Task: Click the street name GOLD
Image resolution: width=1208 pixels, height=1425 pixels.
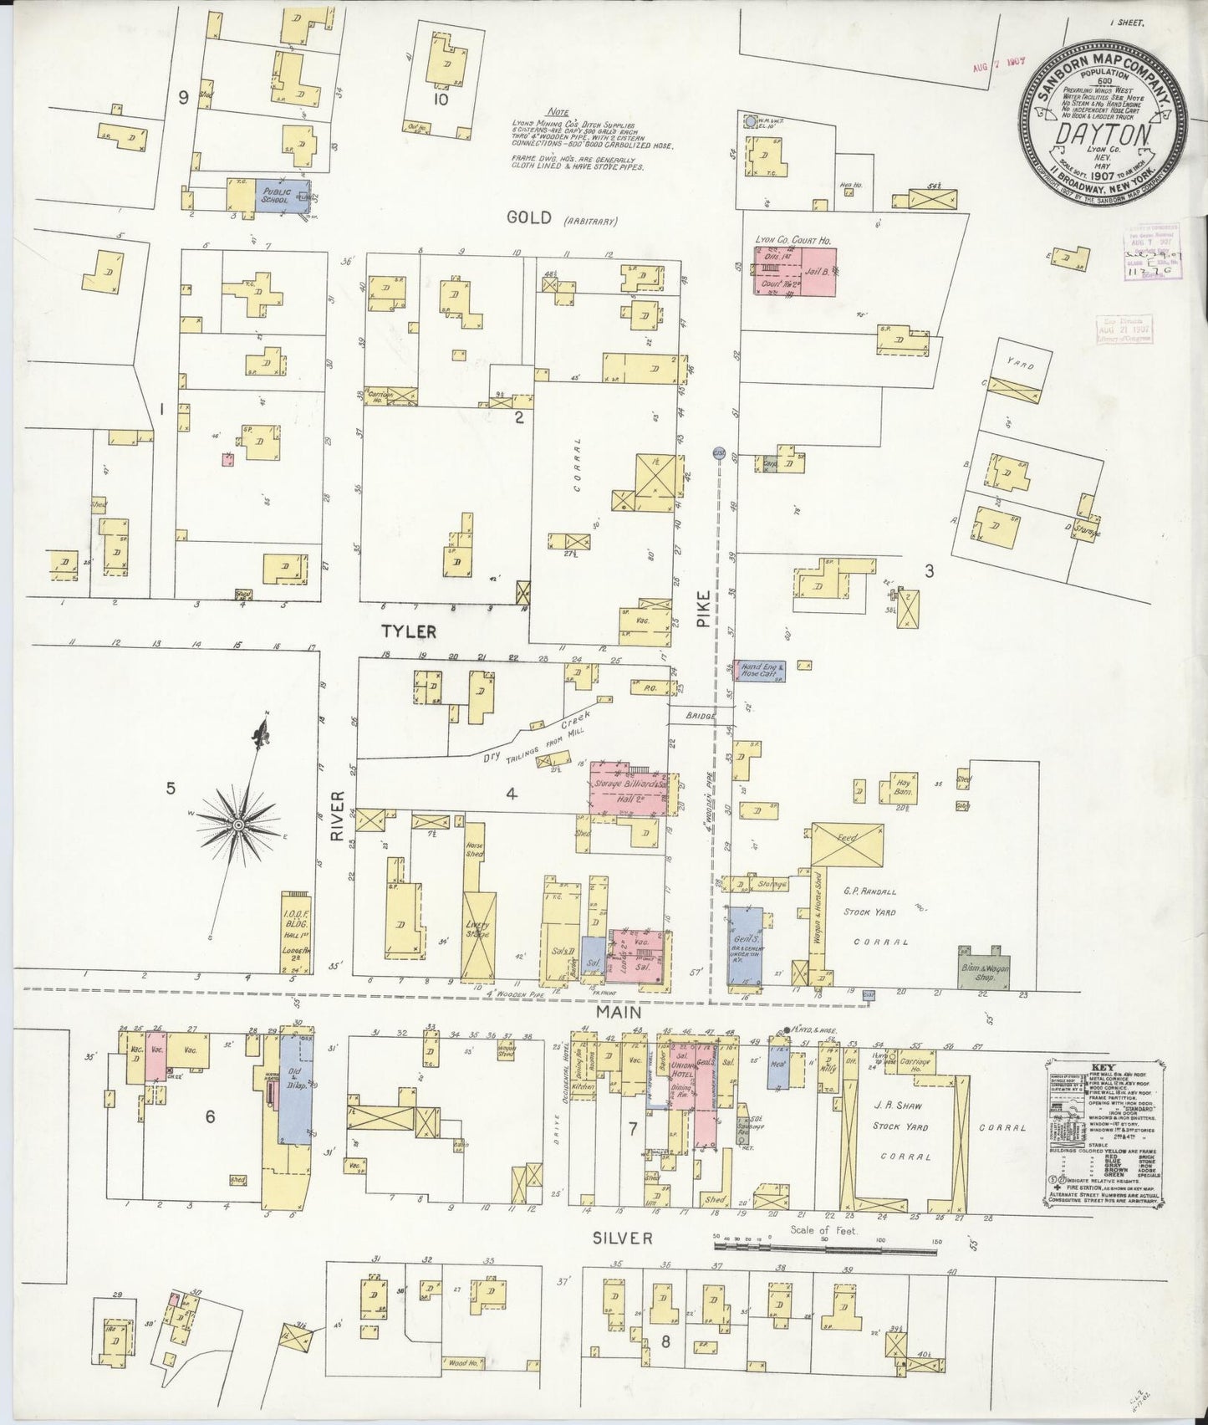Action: point(530,218)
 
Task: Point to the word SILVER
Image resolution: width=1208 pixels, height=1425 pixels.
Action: point(622,1239)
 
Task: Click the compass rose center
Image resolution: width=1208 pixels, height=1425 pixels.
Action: point(238,825)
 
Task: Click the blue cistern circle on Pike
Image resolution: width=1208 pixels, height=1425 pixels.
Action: point(718,453)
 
